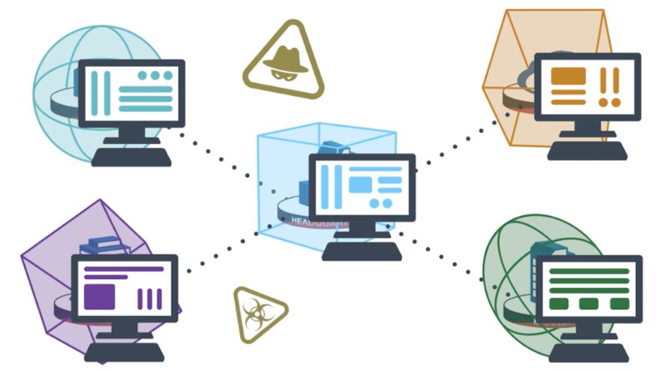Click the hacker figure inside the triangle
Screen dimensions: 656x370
click(x=283, y=62)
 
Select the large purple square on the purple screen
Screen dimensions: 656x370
click(x=99, y=296)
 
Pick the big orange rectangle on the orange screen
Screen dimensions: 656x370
click(x=568, y=76)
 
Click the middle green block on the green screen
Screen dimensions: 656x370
click(x=589, y=304)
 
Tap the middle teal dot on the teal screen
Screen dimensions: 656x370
click(x=155, y=75)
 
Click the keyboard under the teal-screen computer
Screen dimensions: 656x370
click(x=131, y=157)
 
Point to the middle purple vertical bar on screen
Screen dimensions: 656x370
click(x=149, y=299)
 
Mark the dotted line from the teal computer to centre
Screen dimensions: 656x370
click(x=217, y=155)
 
